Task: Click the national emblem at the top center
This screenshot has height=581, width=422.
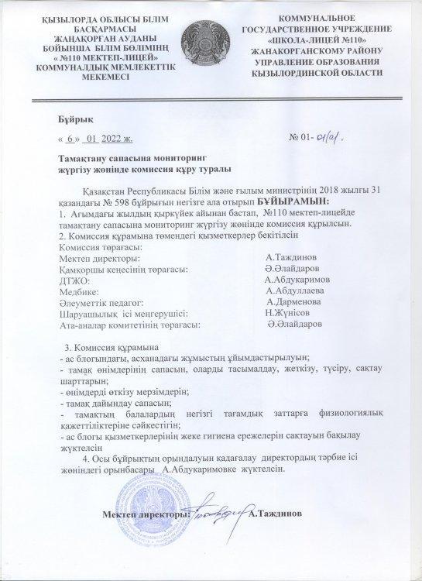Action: (x=211, y=42)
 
